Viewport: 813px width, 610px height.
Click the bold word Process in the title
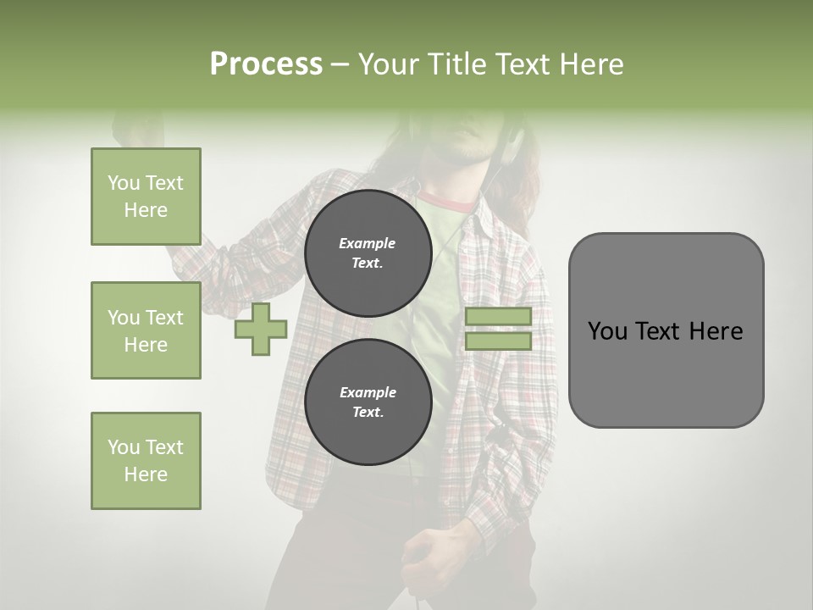coord(266,64)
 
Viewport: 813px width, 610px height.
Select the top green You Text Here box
coord(146,197)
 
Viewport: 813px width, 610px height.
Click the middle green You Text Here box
coord(146,330)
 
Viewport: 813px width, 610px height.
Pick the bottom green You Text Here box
coord(146,461)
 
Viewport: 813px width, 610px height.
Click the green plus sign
coord(261,330)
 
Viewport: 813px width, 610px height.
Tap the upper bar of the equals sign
coord(498,316)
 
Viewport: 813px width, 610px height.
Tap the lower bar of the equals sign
coord(498,341)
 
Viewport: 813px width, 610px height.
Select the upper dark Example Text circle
coord(368,253)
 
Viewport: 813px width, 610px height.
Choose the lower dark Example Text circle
coord(368,402)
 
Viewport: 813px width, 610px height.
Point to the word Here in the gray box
coord(716,331)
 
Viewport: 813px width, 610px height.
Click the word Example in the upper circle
coord(368,243)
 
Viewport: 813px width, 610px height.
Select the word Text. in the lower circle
coord(368,413)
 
